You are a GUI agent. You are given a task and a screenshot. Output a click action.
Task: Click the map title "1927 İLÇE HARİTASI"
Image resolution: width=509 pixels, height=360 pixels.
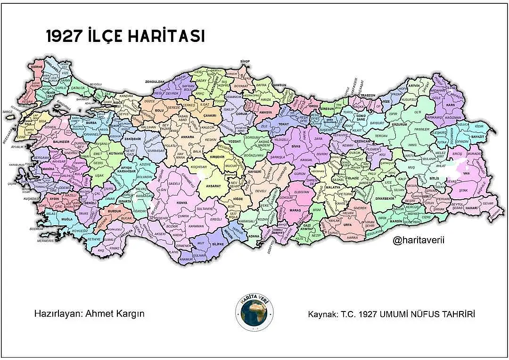pos(125,37)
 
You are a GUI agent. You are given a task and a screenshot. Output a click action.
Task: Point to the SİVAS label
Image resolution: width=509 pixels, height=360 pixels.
pos(296,147)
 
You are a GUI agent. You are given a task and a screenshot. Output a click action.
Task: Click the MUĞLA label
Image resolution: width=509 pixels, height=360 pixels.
pos(66,219)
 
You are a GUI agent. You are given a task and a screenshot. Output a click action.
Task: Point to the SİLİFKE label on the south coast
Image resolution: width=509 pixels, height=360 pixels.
pos(217,245)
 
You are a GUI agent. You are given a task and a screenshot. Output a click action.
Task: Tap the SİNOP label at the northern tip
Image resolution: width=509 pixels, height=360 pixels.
pos(244,61)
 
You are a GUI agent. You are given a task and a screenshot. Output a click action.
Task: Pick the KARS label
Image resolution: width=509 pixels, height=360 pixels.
pos(450,105)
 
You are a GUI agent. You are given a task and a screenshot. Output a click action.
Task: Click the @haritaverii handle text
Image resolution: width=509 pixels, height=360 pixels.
pos(418,241)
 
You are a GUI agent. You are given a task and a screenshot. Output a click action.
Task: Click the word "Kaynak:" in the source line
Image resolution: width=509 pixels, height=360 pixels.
pos(322,314)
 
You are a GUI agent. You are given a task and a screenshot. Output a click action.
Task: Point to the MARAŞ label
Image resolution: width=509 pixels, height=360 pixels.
pos(296,210)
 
